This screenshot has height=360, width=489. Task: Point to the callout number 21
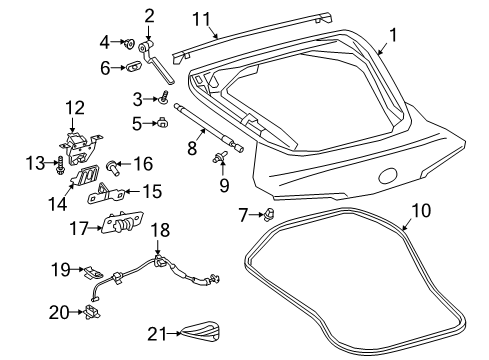tap(153, 332)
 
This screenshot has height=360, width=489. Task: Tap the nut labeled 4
tap(130, 43)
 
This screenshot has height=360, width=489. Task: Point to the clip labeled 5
tap(160, 124)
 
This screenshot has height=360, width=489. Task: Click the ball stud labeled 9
tap(216, 159)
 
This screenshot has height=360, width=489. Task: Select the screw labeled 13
tap(62, 161)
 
